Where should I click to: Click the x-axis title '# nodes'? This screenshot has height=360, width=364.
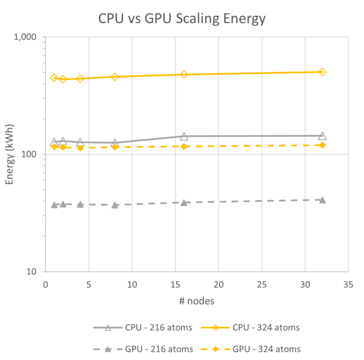coord(197,301)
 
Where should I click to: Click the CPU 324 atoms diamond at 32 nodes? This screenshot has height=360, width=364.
coord(322,72)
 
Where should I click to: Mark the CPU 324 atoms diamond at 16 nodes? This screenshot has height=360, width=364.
coord(184,74)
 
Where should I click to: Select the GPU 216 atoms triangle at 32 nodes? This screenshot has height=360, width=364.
coord(322,200)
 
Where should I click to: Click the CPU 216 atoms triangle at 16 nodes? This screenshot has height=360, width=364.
coord(184,136)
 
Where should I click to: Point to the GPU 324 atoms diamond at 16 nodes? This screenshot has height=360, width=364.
coord(184,147)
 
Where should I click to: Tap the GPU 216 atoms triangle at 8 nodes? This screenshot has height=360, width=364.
coord(115,205)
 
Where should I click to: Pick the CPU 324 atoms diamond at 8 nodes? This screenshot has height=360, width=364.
coord(115,77)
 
